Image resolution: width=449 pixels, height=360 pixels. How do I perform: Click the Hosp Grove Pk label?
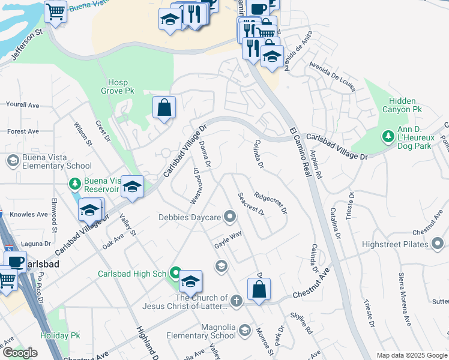[x=121, y=86]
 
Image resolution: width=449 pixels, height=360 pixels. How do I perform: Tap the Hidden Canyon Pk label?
[x=405, y=105]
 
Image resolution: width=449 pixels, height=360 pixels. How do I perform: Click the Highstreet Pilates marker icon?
[x=438, y=244]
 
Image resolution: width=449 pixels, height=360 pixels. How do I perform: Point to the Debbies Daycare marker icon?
[x=229, y=217]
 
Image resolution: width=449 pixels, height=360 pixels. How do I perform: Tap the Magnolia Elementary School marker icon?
[x=244, y=330]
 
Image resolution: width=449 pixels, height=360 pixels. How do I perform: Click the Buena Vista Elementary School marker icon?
[x=12, y=161]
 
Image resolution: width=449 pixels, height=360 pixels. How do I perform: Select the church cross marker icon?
[x=237, y=301]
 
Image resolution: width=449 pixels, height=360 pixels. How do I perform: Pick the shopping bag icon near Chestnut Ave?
[x=259, y=290]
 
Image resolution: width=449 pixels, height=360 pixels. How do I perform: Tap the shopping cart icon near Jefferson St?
[x=55, y=10]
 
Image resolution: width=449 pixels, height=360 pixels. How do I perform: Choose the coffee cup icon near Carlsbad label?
[x=15, y=262]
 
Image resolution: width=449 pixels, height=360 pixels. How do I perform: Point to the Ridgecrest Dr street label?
[x=271, y=203]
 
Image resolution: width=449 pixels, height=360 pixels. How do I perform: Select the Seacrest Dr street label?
[x=251, y=203]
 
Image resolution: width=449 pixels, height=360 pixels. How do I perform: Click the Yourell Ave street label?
[x=22, y=105]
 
